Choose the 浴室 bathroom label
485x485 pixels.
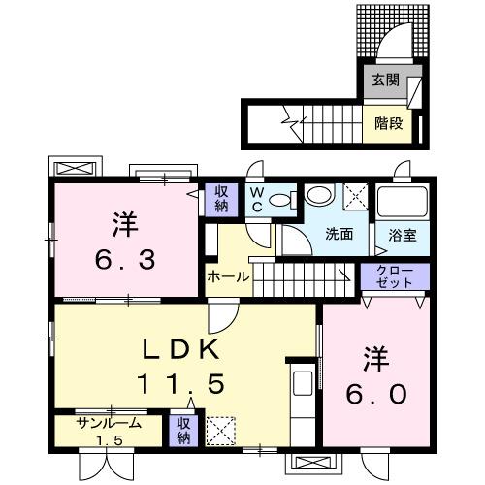[x=401, y=234]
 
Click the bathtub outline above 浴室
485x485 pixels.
[x=401, y=202]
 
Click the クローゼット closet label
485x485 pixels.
[x=393, y=275]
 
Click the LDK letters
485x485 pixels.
[x=187, y=349]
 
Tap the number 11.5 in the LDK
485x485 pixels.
[x=187, y=384]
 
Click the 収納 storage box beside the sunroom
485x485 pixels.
[x=183, y=432]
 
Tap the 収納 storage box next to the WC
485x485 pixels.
[x=220, y=199]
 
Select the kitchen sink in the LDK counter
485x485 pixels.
[x=301, y=380]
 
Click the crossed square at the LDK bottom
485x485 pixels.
[x=220, y=430]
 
